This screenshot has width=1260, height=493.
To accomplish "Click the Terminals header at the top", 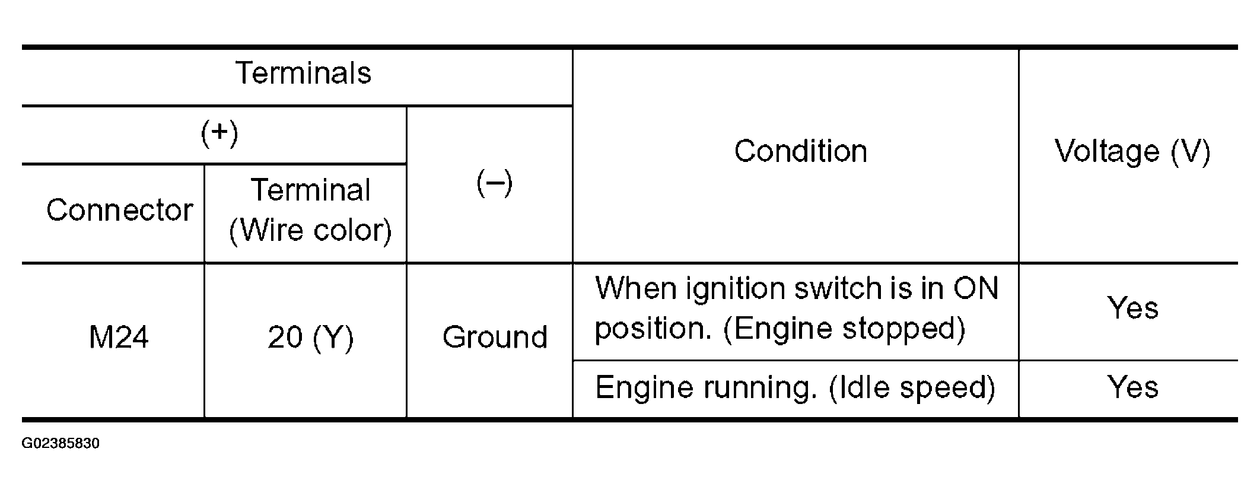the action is (303, 73).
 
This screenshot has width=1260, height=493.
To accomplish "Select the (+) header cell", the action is (219, 133).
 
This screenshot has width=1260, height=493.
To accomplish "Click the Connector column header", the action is (119, 210).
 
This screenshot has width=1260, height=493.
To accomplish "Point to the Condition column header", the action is (801, 151).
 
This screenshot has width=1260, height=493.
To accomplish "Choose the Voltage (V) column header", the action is (1132, 151).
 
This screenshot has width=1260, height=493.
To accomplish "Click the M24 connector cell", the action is (119, 337).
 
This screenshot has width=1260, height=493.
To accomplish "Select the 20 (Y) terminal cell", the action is (310, 338).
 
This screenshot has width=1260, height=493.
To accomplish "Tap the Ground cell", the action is (495, 337).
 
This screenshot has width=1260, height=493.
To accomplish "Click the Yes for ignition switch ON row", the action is (1132, 308).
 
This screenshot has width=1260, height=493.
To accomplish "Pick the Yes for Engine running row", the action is (1132, 387).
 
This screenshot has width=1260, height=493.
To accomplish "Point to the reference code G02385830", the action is (61, 444).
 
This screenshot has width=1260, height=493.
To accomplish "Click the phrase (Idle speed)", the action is (912, 388).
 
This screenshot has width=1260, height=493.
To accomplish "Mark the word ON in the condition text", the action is (976, 288).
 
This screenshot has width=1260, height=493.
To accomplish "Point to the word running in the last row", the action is (757, 388).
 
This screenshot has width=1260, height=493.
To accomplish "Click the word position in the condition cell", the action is (653, 329).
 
